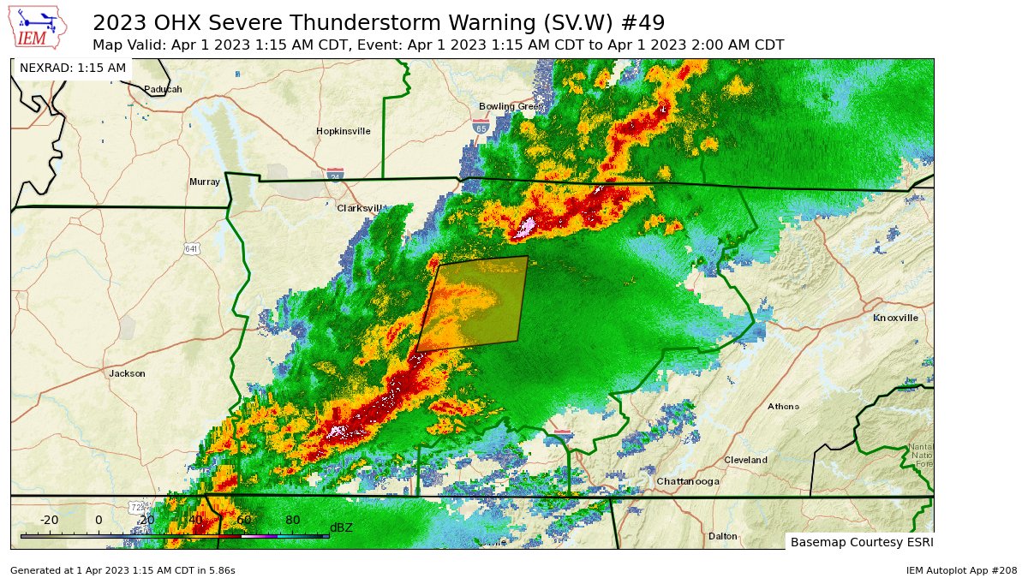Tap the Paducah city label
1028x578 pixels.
coord(163,89)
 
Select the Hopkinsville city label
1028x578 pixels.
coord(343,131)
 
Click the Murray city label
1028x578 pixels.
coord(204,182)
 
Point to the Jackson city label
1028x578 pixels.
coord(127,373)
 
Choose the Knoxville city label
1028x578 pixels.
coord(895,318)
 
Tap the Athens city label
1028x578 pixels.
coord(783,406)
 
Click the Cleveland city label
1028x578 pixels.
coord(745,460)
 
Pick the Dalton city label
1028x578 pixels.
coord(722,536)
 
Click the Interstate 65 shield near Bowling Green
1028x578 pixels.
coord(481,127)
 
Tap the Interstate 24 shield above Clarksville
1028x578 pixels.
coord(335,175)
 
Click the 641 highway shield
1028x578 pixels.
coord(191,248)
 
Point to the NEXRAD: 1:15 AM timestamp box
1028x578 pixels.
coord(73,68)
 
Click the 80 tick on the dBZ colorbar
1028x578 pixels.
coord(292,520)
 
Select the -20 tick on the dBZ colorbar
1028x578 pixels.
coord(49,520)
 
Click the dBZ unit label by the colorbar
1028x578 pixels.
coord(341,527)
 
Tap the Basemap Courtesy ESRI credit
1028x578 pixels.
coord(861,542)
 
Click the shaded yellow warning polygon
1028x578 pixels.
coord(475,304)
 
